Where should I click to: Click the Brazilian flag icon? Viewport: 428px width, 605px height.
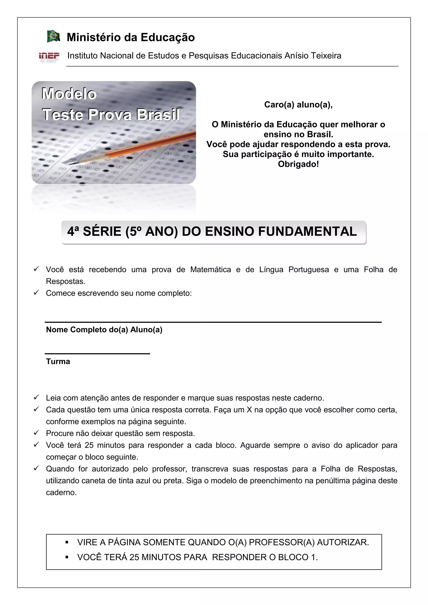(x=53, y=36)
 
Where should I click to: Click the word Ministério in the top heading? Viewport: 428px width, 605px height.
(x=94, y=37)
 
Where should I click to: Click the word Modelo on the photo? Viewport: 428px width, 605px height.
(x=69, y=94)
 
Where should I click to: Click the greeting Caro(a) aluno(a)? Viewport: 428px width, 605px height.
(x=298, y=105)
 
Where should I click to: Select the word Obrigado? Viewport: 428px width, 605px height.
(x=298, y=164)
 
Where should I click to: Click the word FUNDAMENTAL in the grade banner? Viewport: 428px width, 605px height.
(x=307, y=231)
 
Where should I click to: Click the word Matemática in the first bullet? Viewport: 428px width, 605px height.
(x=210, y=270)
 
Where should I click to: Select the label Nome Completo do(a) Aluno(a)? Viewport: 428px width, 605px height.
(x=104, y=330)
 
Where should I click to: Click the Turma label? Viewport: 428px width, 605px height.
(x=58, y=361)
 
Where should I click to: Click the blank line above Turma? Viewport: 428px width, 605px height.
(x=97, y=353)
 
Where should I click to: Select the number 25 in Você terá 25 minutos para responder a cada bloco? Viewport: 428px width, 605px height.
(x=89, y=445)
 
